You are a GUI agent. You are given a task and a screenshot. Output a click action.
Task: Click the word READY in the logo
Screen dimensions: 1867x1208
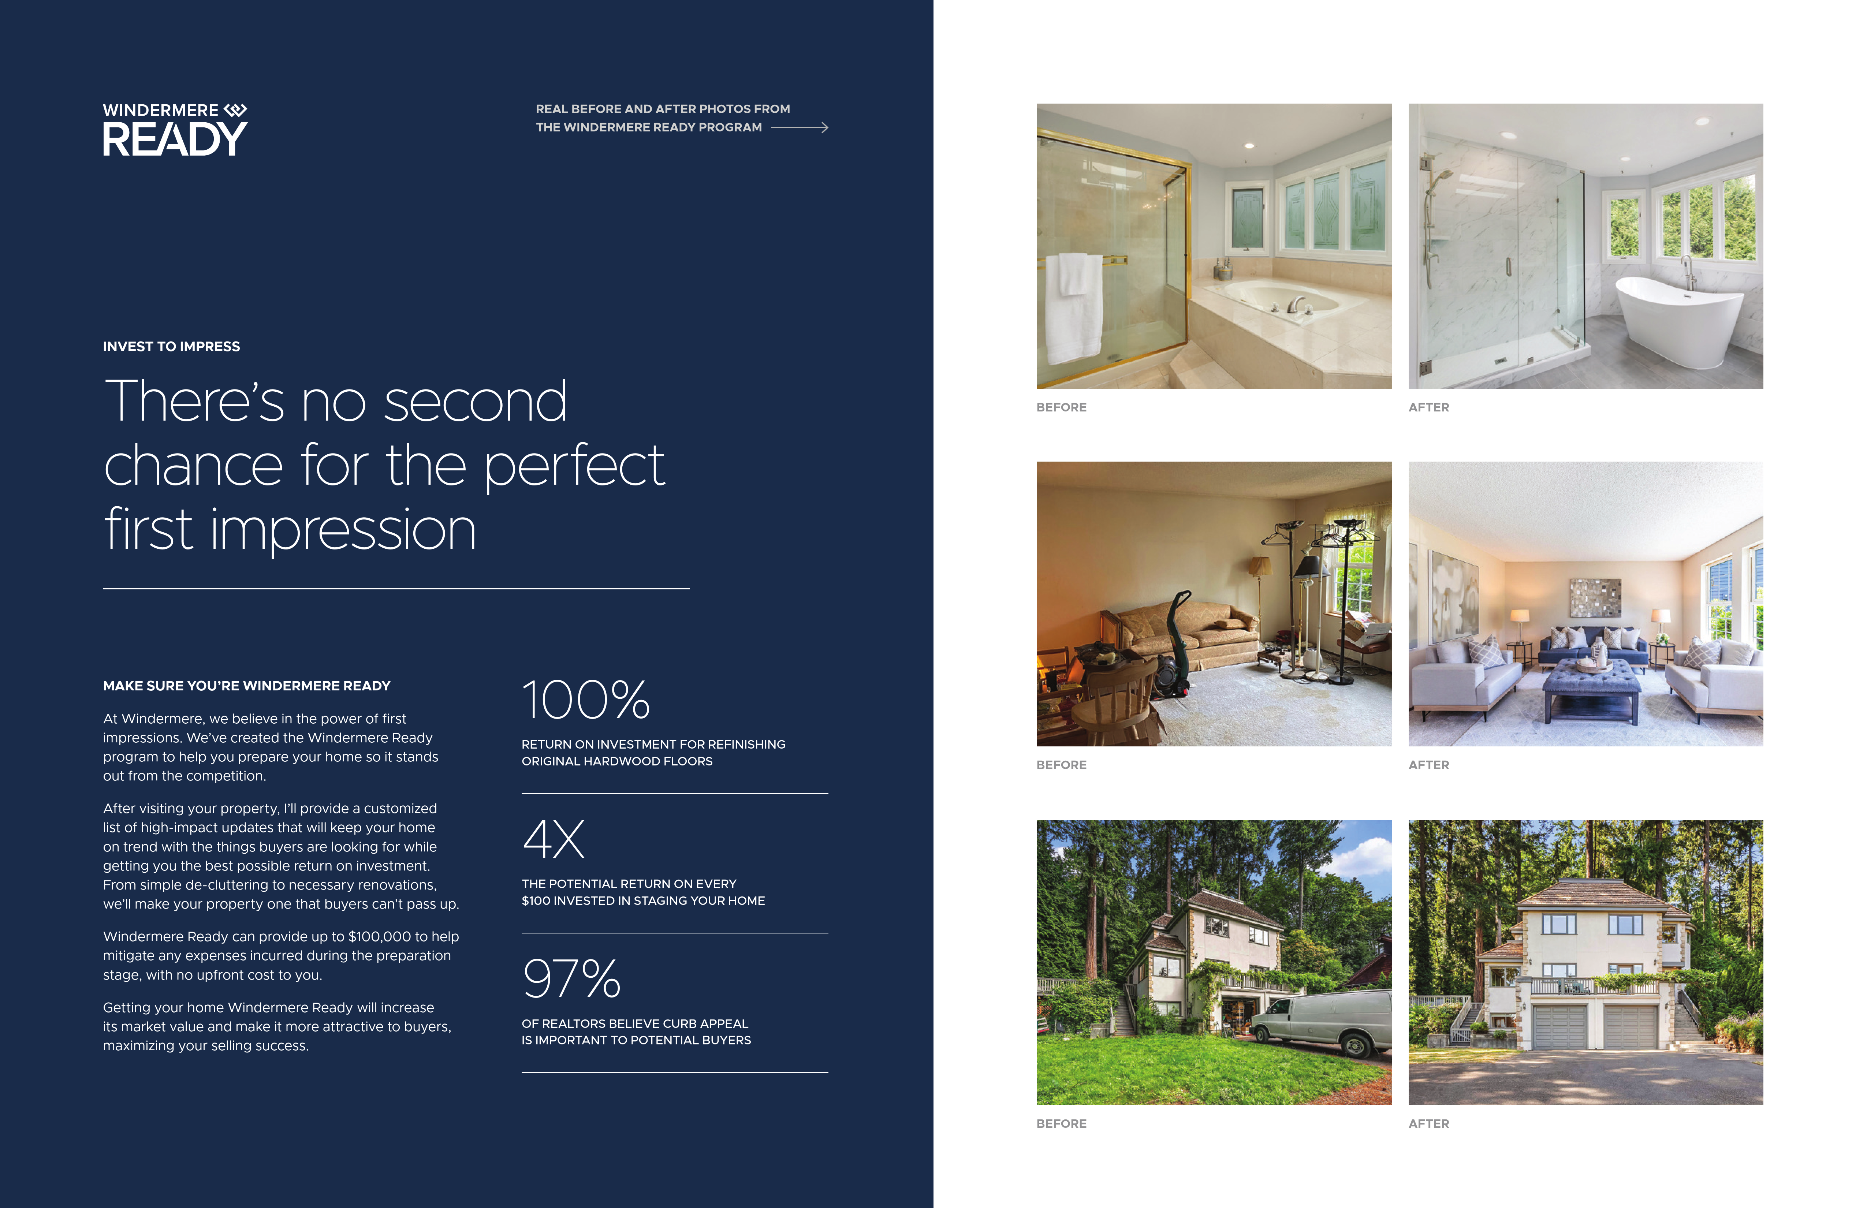pyautogui.click(x=175, y=139)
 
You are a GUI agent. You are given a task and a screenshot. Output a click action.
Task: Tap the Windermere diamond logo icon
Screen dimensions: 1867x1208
pyautogui.click(x=235, y=110)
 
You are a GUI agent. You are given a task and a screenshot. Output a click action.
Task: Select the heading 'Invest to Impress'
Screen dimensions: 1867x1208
pyautogui.click(x=171, y=347)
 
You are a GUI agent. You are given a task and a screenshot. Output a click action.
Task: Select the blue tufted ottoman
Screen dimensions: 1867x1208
pyautogui.click(x=1591, y=687)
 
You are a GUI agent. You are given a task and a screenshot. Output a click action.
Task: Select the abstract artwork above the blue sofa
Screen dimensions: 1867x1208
pyautogui.click(x=1595, y=598)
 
